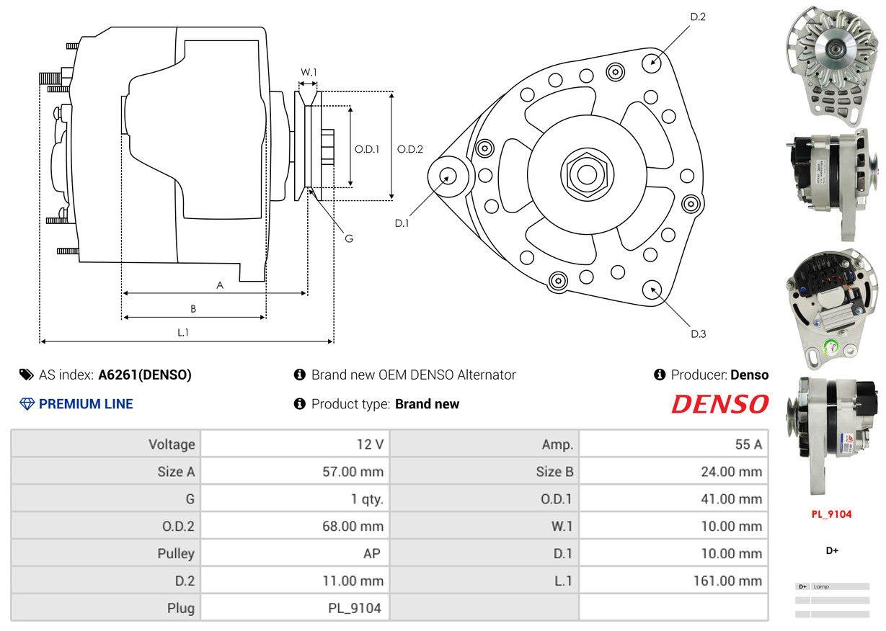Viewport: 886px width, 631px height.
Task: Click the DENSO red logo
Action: [x=719, y=405]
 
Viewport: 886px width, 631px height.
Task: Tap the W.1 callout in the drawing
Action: [x=309, y=72]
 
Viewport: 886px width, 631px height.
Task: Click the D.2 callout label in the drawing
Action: [x=697, y=17]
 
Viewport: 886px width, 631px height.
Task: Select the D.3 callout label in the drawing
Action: [x=698, y=334]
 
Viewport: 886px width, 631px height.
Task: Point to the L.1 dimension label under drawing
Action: [x=183, y=332]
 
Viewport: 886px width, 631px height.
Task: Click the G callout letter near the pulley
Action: [x=348, y=238]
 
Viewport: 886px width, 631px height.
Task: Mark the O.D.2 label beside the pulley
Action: [x=410, y=150]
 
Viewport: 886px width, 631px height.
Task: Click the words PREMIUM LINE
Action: [x=86, y=404]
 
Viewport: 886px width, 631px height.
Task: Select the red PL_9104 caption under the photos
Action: [x=831, y=514]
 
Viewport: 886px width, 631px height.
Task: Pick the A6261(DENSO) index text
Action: [x=145, y=375]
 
